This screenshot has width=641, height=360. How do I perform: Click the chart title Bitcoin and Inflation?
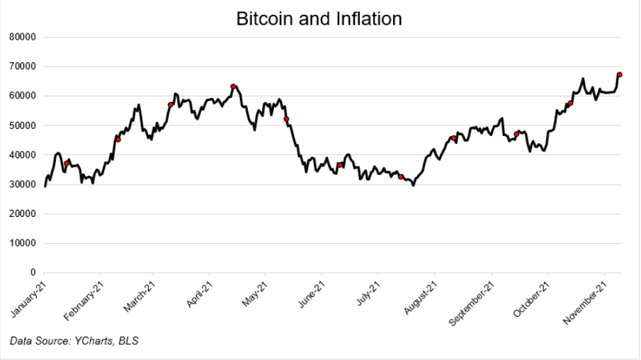(319, 19)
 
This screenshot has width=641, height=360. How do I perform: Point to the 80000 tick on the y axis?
(25, 37)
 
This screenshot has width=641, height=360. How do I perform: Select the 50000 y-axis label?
(25, 125)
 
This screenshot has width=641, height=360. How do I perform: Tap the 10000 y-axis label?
(25, 243)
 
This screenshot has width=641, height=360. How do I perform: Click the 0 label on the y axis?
(33, 273)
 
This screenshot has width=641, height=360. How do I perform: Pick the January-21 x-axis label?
(28, 296)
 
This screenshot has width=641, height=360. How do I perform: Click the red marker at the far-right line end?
(620, 74)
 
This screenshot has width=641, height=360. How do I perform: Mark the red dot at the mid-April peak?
(233, 86)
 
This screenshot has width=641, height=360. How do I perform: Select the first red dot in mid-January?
(67, 164)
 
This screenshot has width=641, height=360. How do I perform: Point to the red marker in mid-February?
(118, 140)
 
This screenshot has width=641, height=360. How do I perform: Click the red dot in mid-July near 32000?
(401, 177)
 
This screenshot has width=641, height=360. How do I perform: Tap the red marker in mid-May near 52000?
(286, 119)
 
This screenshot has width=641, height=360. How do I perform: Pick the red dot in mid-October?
(570, 103)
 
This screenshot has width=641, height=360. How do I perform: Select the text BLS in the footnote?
(128, 342)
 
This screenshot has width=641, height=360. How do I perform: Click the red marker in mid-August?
(453, 138)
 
